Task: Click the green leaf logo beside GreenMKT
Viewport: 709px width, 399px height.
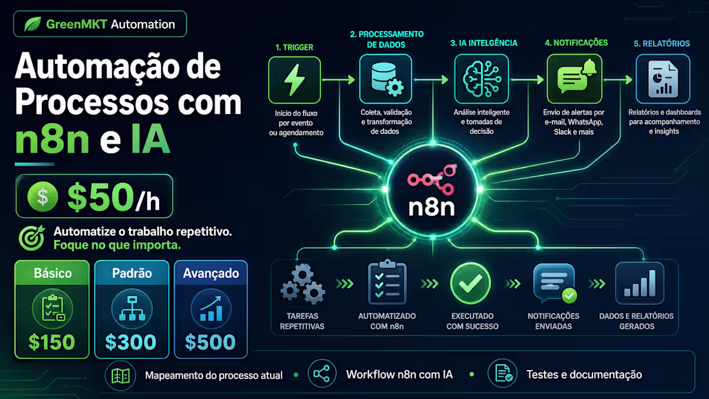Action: [32, 24]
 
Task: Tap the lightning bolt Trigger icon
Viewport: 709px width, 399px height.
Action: [295, 80]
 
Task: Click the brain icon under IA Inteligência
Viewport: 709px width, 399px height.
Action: [481, 79]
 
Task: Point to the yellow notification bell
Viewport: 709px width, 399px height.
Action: [589, 68]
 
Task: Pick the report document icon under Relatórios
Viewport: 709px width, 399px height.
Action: [663, 80]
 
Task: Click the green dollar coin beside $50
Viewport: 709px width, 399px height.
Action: [43, 197]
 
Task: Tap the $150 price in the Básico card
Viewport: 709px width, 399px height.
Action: [52, 342]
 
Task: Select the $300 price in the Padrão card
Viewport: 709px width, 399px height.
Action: [131, 342]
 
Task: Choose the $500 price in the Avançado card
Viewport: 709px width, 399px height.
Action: [210, 342]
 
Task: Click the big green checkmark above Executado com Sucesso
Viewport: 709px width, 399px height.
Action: [471, 283]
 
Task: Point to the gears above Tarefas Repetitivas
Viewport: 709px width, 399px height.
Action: [302, 284]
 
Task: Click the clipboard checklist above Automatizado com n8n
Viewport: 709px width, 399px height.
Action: [387, 282]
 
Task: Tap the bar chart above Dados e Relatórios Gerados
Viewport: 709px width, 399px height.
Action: [639, 283]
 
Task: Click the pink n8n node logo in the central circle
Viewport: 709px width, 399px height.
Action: [431, 179]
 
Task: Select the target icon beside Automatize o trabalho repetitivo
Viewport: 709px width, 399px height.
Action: [32, 237]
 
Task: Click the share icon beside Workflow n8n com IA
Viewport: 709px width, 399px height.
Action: [322, 374]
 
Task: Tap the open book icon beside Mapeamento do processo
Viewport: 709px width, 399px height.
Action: [121, 376]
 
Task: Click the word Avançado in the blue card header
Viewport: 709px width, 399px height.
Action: [211, 273]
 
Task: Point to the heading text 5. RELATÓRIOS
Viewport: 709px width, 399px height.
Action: [661, 43]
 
